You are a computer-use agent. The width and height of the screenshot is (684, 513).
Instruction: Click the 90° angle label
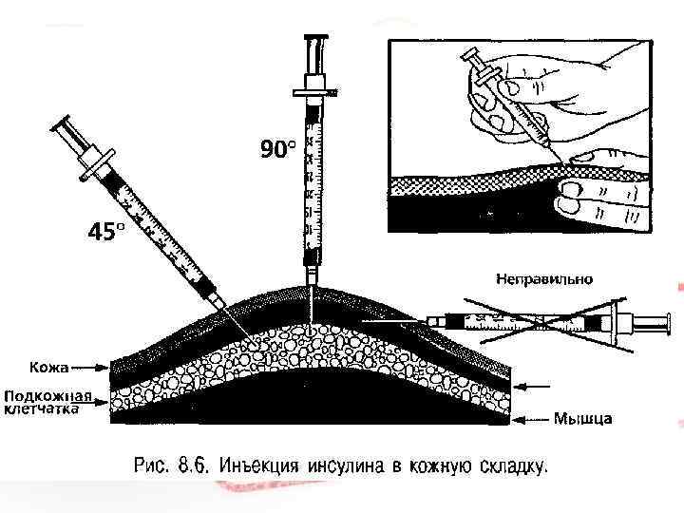pyautogui.click(x=278, y=148)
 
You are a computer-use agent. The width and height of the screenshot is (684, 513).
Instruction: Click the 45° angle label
pyautogui.click(x=105, y=232)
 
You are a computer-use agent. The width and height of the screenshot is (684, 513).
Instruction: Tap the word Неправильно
pyautogui.click(x=544, y=279)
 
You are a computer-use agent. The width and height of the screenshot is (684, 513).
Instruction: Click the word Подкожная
pyautogui.click(x=47, y=395)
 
